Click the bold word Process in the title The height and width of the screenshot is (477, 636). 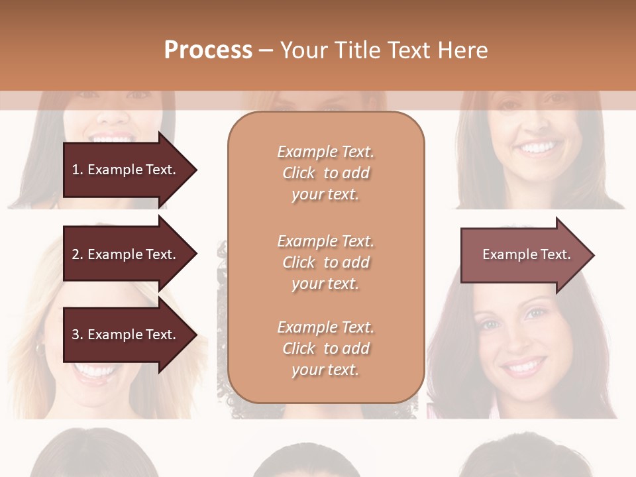pos(208,50)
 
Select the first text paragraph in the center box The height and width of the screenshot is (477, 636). pos(325,173)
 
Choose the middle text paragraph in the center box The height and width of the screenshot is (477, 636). pos(325,262)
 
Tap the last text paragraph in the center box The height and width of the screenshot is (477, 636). pos(325,348)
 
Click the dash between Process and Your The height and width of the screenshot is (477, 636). pos(266,50)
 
